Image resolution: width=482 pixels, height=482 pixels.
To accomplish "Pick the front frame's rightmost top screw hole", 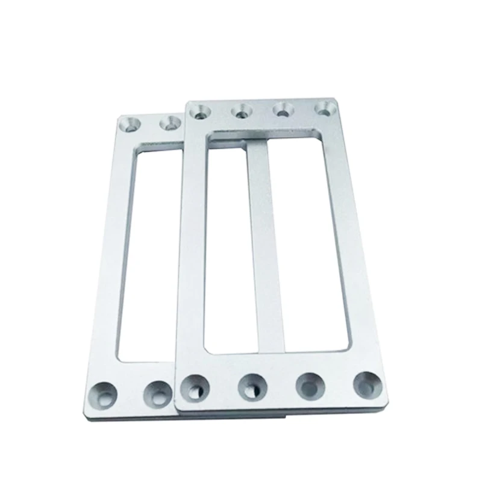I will coord(325,110).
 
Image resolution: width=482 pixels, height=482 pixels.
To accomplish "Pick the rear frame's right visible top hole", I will coord(169,124).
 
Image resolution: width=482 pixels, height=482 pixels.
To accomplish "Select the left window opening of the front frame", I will coord(227,247).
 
